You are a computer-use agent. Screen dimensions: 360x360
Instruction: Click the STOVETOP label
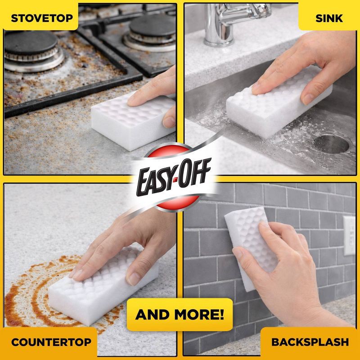(42, 18)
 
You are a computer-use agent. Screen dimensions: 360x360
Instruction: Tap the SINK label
(329, 18)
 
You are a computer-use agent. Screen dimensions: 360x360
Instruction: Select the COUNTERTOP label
(51, 342)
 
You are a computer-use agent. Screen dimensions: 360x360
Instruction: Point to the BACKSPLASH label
(310, 342)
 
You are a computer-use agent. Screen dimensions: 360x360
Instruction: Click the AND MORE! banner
(180, 315)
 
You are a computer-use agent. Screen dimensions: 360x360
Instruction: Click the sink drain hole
(331, 144)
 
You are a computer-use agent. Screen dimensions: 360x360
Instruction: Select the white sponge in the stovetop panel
(133, 121)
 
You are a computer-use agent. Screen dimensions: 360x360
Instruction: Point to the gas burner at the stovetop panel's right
(150, 33)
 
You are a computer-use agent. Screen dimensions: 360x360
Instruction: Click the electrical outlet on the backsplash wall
(350, 235)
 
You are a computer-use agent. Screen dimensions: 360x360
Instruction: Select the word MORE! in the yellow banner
(199, 314)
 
